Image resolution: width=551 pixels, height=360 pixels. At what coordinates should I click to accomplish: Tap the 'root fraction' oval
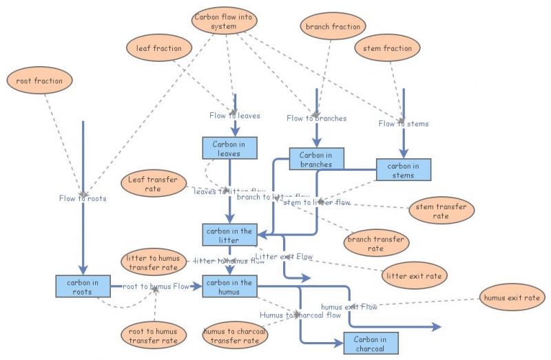coord(39,81)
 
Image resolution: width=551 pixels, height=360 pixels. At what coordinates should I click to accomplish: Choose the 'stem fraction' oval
coord(388,48)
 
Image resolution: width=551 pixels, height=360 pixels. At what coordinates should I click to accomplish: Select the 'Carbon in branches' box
coord(316,159)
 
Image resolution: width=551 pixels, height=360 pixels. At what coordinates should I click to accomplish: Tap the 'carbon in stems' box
coord(403,170)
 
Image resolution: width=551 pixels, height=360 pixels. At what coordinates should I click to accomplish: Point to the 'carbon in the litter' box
coord(229,235)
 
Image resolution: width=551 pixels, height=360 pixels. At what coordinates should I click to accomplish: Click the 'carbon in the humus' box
coord(229,286)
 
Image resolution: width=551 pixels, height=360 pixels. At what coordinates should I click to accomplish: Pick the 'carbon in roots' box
coord(83,286)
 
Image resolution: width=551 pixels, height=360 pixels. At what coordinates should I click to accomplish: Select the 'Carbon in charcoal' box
coord(371,343)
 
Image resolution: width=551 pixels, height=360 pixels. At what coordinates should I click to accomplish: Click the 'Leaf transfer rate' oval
coord(153,184)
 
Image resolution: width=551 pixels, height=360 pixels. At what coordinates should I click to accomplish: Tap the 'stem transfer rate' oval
coord(441,211)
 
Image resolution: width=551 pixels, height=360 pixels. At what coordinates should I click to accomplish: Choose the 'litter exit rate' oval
coord(415,275)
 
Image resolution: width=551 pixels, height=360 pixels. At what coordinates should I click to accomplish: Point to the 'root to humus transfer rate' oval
coord(153,335)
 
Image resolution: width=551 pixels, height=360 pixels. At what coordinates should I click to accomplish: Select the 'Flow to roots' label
coord(83,199)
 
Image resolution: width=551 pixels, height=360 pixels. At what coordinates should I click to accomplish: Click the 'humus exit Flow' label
coord(349,307)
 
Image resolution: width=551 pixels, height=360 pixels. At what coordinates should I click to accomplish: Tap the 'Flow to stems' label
coord(403,124)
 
